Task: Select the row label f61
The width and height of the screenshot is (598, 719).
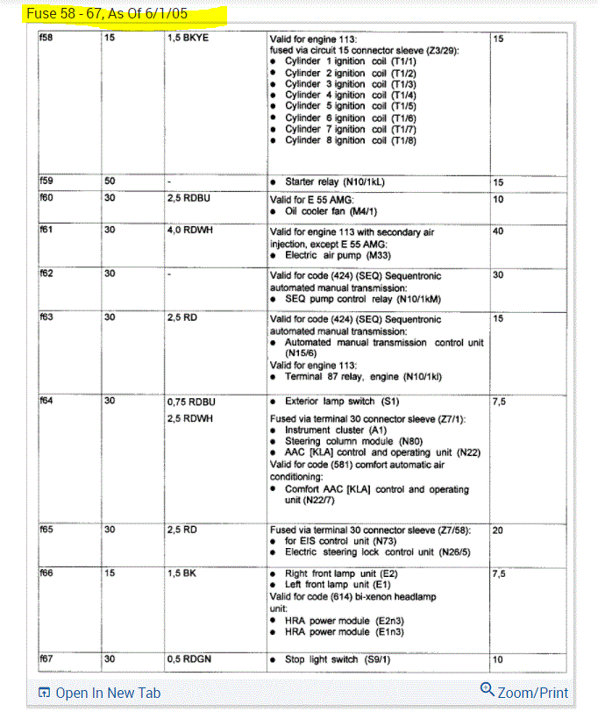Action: point(46,231)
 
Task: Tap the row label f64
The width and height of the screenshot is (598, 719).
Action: point(46,401)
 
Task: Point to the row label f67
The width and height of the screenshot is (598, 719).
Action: point(46,658)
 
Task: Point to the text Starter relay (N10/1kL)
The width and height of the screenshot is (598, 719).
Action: point(334,182)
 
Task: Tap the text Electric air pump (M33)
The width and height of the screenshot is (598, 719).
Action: point(336,254)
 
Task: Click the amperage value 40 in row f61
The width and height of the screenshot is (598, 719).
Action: point(498,231)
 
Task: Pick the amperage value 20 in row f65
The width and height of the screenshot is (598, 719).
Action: point(498,530)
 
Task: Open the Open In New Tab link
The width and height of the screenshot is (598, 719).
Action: point(99,693)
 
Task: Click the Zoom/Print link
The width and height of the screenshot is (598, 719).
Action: point(524,692)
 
